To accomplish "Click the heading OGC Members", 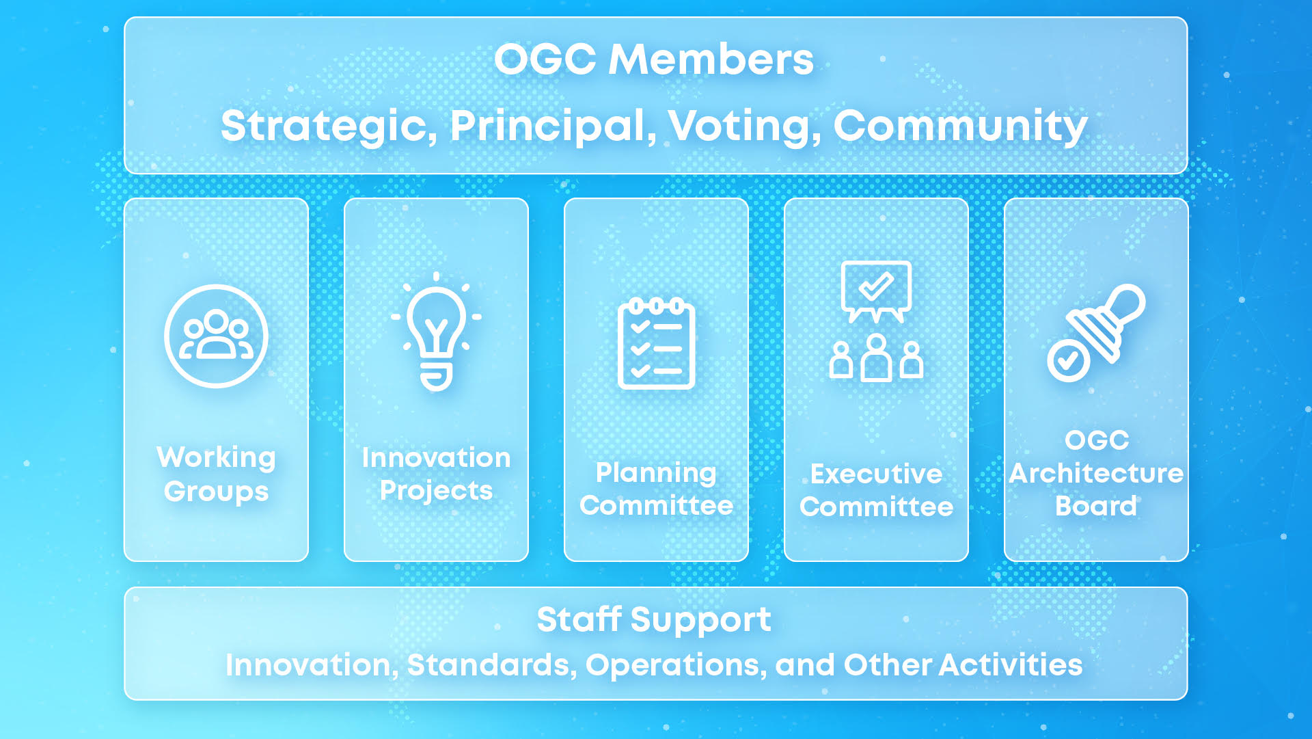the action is tap(654, 59).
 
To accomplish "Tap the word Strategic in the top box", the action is tap(329, 126).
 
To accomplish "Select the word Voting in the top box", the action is tap(745, 126).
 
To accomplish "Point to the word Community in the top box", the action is tap(960, 126).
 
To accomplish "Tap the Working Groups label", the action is tap(216, 474).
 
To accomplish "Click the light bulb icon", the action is tap(436, 332).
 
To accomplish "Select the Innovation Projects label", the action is tap(436, 474).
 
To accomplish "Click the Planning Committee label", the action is tap(656, 489).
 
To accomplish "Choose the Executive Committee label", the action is tap(876, 490).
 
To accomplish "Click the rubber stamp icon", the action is tap(1106, 323).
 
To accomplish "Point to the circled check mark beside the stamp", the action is tap(1069, 360).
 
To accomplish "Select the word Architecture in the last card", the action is tap(1096, 473).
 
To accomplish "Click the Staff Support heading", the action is tap(654, 620).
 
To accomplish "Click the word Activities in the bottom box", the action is tap(1011, 664).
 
